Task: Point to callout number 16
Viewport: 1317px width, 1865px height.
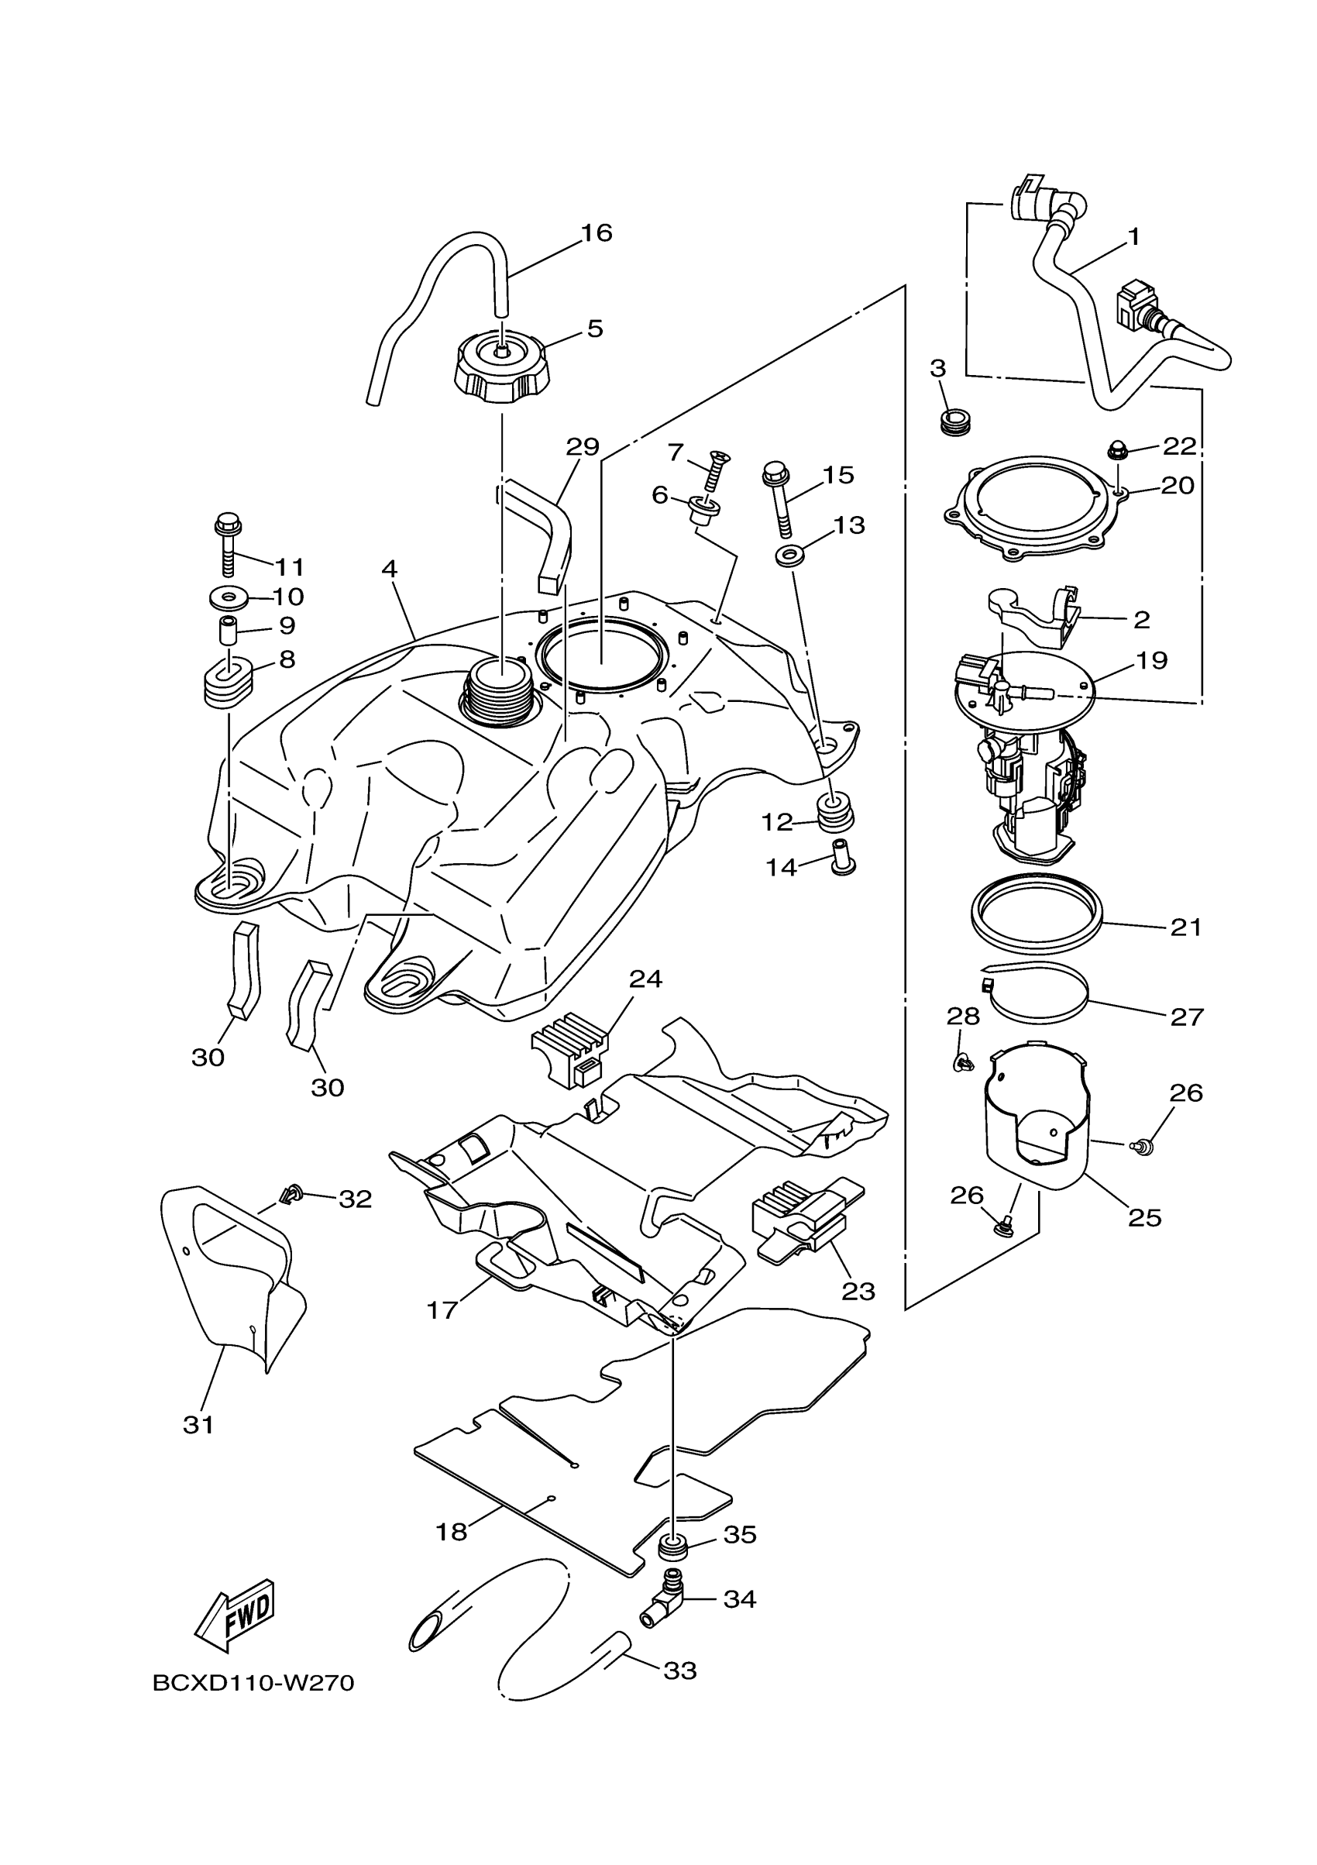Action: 596,234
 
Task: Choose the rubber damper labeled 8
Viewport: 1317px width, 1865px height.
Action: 227,679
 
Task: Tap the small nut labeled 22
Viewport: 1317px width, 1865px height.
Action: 1119,449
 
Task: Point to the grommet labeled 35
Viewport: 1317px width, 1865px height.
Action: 673,1548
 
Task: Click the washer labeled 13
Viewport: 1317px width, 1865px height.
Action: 786,557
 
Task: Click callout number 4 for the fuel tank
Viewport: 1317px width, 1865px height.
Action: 390,569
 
